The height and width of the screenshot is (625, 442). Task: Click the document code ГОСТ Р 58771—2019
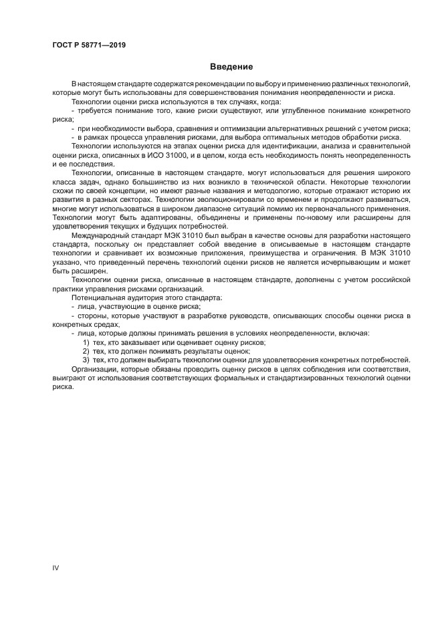click(88, 45)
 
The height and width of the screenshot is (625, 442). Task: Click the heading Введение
click(231, 67)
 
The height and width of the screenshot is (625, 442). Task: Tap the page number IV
click(56, 568)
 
